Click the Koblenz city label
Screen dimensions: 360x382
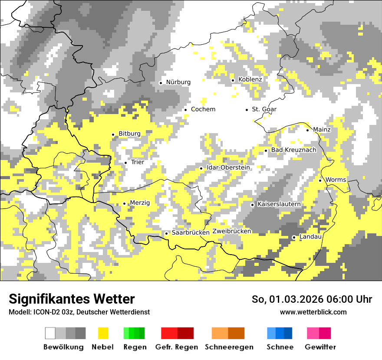click(250, 79)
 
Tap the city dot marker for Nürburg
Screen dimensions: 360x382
click(161, 83)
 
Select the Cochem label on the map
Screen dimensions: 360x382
click(203, 109)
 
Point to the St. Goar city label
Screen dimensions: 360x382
click(264, 109)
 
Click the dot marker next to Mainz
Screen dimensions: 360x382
click(308, 130)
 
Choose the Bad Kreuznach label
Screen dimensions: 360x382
click(293, 150)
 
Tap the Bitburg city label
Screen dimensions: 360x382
click(129, 134)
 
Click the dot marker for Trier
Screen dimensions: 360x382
click(125, 163)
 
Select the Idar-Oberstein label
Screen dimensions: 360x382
click(228, 168)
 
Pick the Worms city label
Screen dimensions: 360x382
click(336, 180)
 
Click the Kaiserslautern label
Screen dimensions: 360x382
click(279, 204)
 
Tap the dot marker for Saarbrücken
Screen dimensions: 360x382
click(166, 233)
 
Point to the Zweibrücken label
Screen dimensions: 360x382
click(232, 231)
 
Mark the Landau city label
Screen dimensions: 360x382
click(310, 237)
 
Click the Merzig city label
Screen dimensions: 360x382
click(140, 203)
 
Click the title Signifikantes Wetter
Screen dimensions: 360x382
click(72, 299)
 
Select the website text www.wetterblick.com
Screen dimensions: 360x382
click(313, 312)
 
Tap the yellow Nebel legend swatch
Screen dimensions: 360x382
click(103, 333)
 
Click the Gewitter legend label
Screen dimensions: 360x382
click(320, 347)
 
